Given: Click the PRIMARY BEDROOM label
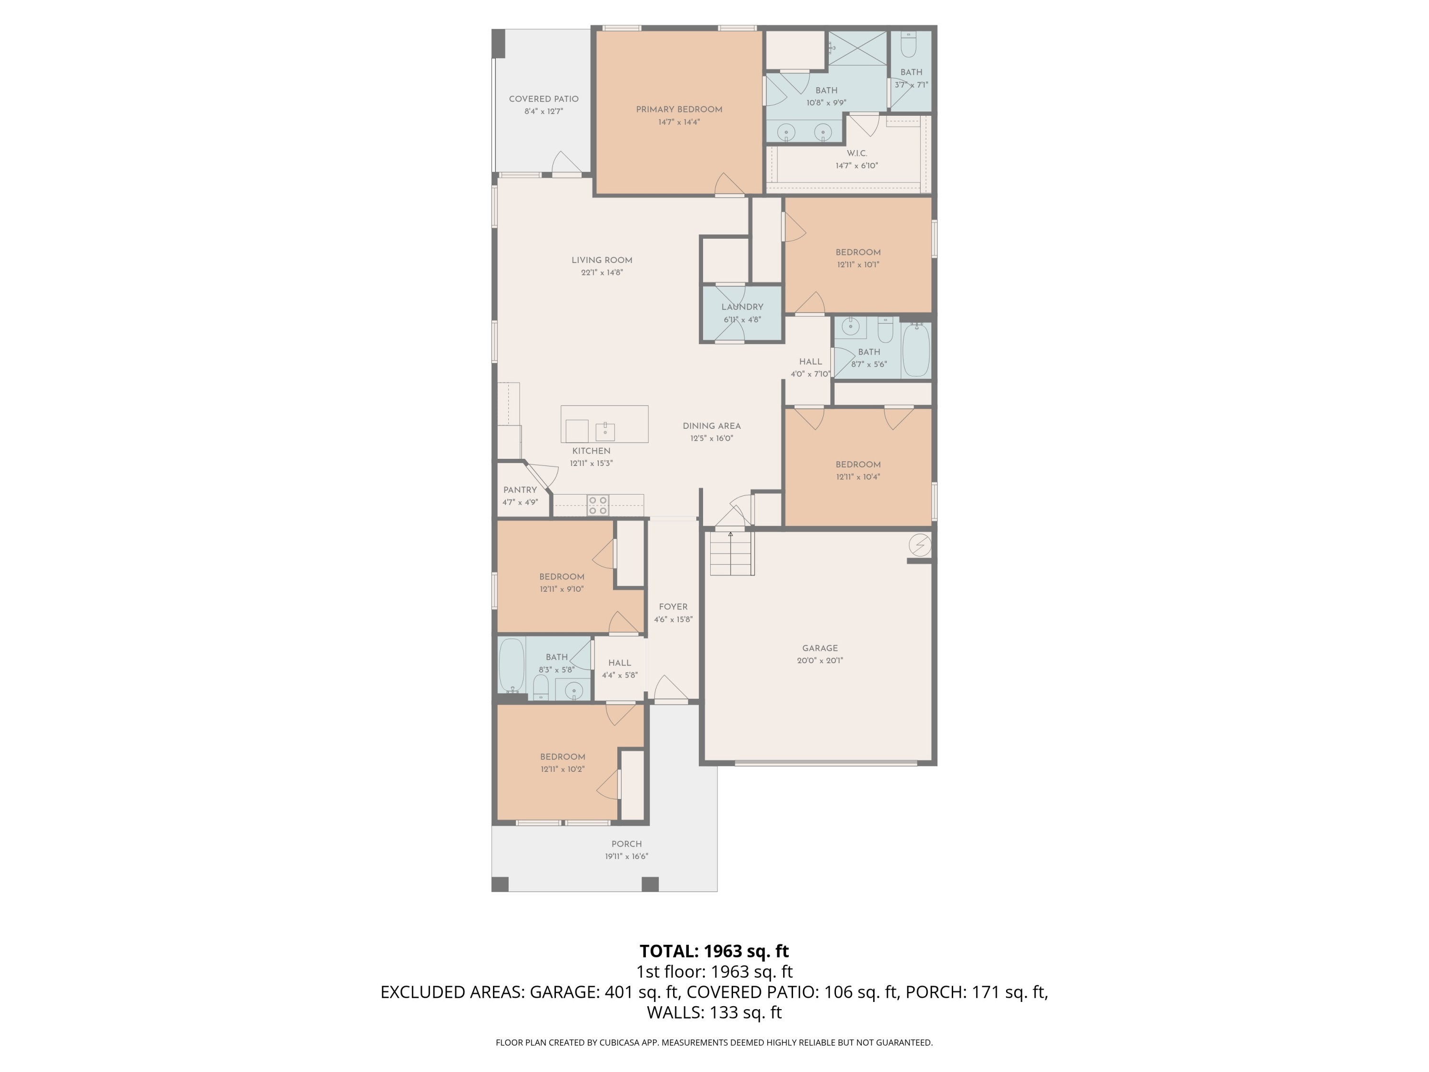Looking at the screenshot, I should click(679, 109).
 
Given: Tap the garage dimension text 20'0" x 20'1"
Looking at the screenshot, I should click(820, 660).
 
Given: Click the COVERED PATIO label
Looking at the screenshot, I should click(543, 99).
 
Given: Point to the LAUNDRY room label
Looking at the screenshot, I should click(742, 307).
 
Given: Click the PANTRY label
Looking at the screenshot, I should click(520, 490).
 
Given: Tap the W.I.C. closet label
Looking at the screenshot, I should click(856, 153).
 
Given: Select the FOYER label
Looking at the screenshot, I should click(673, 607).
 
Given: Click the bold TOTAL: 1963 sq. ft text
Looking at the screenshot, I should click(714, 951).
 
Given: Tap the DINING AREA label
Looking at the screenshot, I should click(711, 426).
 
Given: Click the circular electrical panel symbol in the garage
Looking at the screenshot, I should click(920, 545).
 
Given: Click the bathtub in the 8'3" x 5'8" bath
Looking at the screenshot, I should click(511, 666).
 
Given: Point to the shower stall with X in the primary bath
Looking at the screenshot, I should click(858, 48).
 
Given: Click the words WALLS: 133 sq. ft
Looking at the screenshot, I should click(714, 1012).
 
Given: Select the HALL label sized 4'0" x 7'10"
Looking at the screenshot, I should click(810, 362).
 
